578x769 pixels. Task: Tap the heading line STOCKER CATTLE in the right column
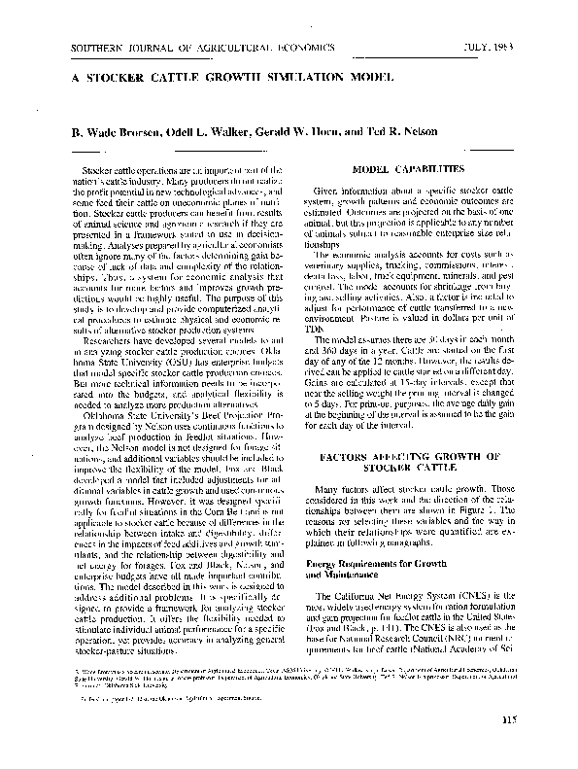409,468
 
